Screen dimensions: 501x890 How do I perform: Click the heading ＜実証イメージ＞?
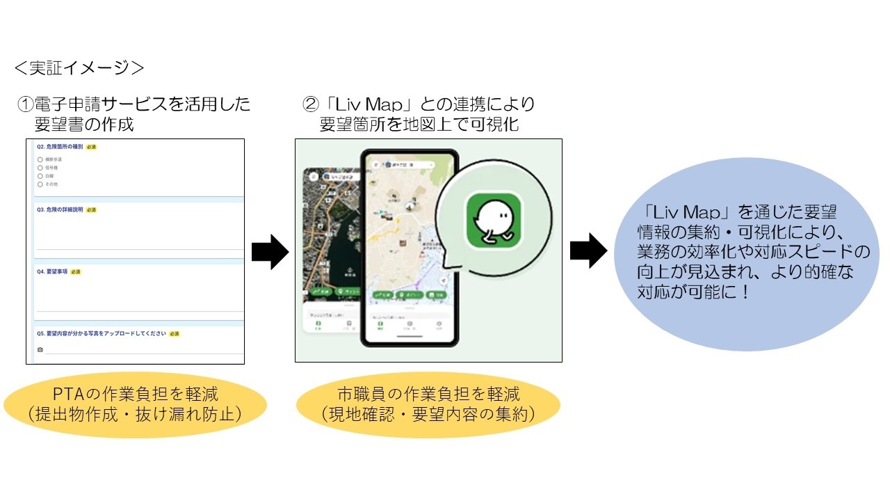click(x=79, y=67)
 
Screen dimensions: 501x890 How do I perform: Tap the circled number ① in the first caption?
click(x=26, y=105)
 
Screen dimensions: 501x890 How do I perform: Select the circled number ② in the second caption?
click(x=310, y=105)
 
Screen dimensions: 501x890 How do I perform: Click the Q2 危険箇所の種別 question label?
click(x=60, y=147)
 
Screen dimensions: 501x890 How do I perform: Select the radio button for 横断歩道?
click(x=40, y=159)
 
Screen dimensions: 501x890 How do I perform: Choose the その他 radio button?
click(x=40, y=184)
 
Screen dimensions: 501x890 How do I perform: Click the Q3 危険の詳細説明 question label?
click(x=60, y=209)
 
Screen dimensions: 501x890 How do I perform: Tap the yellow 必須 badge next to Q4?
click(x=75, y=272)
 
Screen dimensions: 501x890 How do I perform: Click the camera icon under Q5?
click(x=40, y=349)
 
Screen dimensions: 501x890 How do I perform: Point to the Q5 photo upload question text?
click(x=101, y=333)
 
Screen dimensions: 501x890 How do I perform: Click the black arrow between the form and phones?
click(x=269, y=251)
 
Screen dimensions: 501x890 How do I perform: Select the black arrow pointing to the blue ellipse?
click(x=588, y=251)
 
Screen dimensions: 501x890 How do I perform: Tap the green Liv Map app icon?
click(x=493, y=220)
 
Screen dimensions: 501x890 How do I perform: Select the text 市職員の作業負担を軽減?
click(x=428, y=395)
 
